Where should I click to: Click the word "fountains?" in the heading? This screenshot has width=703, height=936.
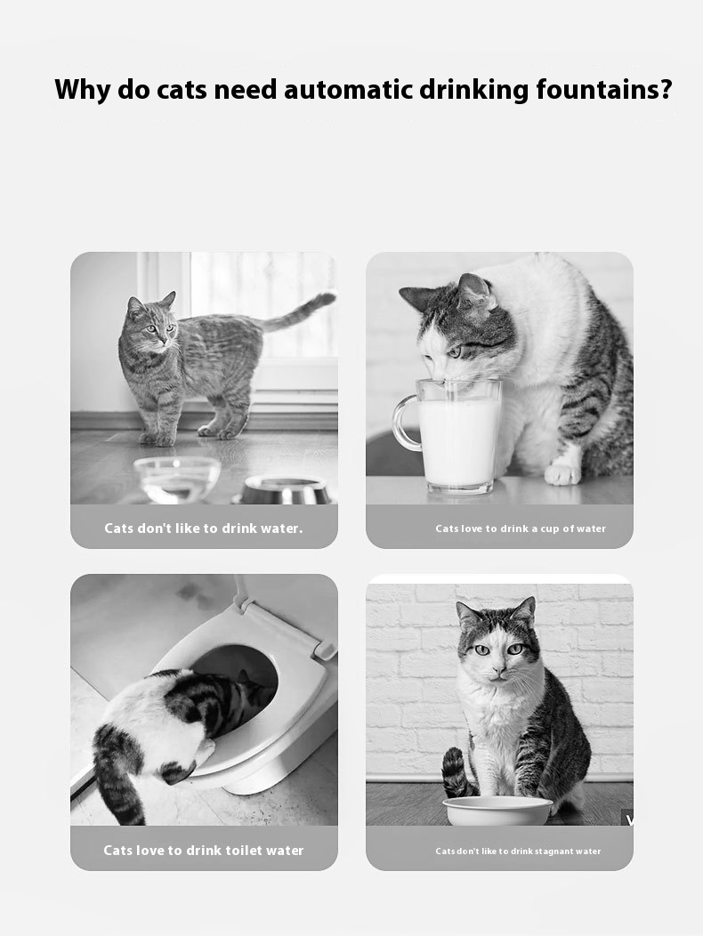click(604, 90)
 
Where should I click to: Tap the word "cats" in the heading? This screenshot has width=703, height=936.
click(182, 90)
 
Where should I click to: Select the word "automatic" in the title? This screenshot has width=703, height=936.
click(348, 90)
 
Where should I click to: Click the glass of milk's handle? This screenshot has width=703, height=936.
click(404, 422)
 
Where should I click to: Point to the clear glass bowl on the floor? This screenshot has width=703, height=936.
click(177, 480)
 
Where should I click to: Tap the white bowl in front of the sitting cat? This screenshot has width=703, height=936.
click(497, 811)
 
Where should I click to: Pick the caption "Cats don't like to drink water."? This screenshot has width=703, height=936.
click(204, 528)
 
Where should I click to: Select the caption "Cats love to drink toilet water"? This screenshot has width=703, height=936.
click(204, 850)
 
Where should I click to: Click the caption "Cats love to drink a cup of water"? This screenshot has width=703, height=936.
click(521, 529)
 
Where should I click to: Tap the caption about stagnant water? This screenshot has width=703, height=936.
click(518, 851)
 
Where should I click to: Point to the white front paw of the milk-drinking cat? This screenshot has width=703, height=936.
click(562, 472)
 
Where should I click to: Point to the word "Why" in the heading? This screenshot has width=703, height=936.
click(82, 90)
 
